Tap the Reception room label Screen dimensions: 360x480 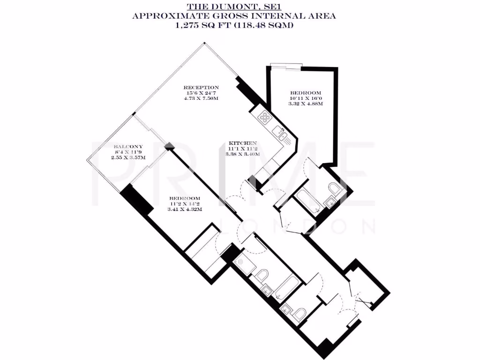click(201, 87)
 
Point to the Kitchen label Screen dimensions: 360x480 click(242, 142)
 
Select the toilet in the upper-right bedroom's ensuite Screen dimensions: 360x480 click(335, 189)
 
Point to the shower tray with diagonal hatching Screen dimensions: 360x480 click(244, 266)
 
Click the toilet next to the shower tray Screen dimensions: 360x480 click(263, 276)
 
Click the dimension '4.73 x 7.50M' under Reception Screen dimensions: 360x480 click(201, 98)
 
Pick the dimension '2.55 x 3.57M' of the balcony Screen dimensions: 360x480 click(128, 157)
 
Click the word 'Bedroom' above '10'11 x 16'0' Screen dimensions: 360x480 click(306, 92)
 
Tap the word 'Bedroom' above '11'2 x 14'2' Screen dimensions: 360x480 click(185, 198)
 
